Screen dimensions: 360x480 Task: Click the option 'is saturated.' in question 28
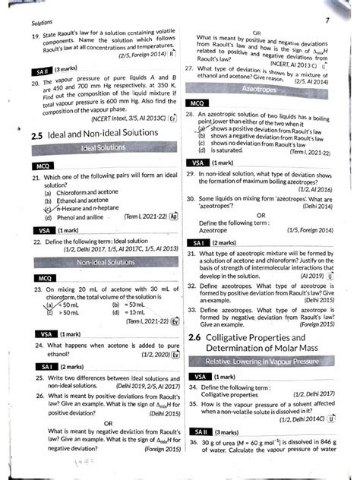(x=229, y=150)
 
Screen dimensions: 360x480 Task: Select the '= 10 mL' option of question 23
(x=128, y=312)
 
